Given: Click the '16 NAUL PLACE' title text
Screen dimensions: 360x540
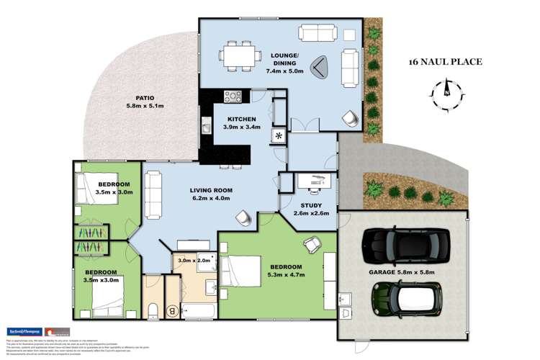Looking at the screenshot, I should [444, 63].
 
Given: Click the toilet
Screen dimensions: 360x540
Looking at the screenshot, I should [153, 310].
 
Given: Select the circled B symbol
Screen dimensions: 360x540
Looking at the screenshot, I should [173, 311].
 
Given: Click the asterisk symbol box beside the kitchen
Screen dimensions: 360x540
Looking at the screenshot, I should [279, 136].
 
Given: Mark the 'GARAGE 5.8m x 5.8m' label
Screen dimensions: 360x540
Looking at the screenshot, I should [404, 271].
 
